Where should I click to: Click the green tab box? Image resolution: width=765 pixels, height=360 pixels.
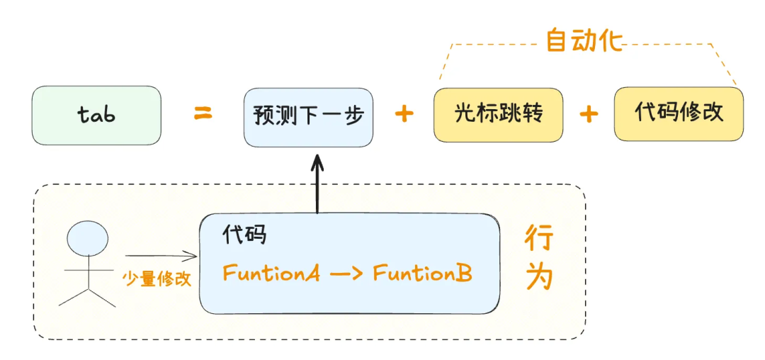pos(96,116)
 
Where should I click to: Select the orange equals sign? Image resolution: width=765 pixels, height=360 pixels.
pos(203,114)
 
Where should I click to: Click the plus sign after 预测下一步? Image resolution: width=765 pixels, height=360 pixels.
pos(404,114)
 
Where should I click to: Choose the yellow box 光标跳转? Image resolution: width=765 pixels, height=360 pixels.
pos(498,114)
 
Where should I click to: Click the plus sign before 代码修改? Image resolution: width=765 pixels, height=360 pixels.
pos(589,114)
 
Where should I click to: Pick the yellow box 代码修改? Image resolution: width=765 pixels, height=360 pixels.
pos(679,113)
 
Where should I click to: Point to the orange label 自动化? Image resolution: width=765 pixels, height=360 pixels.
pos(584,40)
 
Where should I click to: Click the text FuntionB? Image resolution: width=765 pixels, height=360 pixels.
pos(422,273)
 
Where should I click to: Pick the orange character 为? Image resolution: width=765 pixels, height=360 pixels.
pos(539,278)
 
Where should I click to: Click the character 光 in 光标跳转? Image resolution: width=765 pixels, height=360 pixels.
pos(465,114)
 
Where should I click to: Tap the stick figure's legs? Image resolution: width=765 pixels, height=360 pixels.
pos(87,296)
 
